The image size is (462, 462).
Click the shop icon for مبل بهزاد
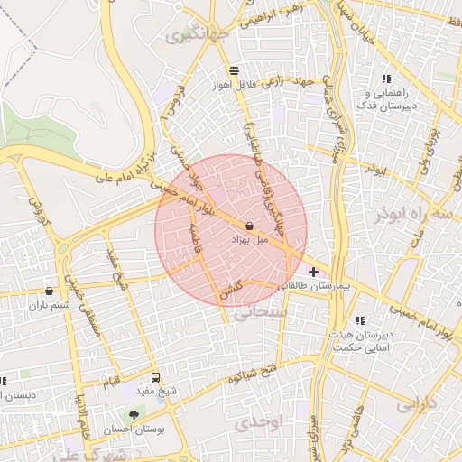pyautogui.click(x=249, y=227)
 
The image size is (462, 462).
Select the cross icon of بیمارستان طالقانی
pyautogui.click(x=313, y=272)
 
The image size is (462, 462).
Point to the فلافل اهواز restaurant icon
pyautogui.click(x=235, y=70)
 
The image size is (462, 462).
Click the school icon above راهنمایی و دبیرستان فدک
pyautogui.click(x=386, y=79)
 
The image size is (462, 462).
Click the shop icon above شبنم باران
pyautogui.click(x=49, y=291)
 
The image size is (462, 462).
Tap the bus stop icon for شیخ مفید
pyautogui.click(x=156, y=378)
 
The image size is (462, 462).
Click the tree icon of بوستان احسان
pyautogui.click(x=134, y=415)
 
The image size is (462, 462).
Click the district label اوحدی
pyautogui.click(x=263, y=421)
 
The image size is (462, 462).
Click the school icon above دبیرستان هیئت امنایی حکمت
pyautogui.click(x=360, y=320)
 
